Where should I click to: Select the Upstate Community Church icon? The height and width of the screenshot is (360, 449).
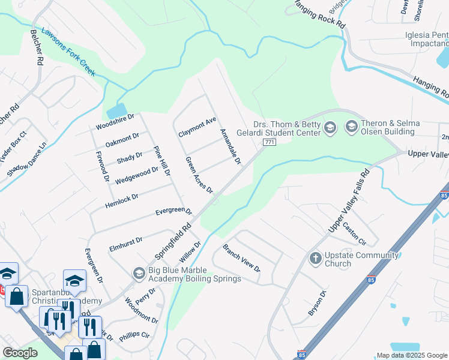pos(315,259)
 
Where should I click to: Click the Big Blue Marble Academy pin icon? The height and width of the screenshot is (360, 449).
pos(139,274)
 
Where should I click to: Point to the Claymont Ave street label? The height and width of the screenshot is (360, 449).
pos(197,127)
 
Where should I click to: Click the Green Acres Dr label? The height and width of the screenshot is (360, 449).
pos(199,175)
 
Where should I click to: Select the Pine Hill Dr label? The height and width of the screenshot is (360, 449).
pos(162,161)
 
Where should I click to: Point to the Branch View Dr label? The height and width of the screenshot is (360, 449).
pos(241,257)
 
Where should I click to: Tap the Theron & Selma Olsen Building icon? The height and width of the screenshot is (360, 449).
pos(351,127)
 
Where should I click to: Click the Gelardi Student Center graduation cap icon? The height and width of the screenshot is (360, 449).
pos(330,127)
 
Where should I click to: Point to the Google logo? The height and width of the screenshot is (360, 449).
pos(20,353)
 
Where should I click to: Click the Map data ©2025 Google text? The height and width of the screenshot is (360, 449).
pos(411,355)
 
